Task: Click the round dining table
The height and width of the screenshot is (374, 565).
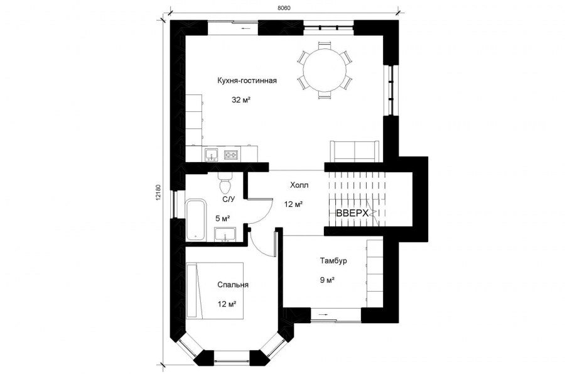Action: point(323,70)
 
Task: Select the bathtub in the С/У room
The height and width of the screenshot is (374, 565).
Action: point(196,219)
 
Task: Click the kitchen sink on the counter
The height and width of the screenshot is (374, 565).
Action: point(211,155)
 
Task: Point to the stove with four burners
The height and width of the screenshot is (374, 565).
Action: point(231,155)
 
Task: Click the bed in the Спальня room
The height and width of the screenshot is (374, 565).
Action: point(215,290)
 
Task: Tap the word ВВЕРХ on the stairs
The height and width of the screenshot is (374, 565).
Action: point(352,213)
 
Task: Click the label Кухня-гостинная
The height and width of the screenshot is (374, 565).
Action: point(247,80)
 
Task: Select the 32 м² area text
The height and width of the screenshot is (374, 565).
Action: point(241,100)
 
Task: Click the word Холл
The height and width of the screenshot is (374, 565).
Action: point(299,185)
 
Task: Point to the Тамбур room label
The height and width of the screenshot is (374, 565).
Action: point(333,260)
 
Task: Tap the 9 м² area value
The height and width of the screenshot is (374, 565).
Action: point(328,280)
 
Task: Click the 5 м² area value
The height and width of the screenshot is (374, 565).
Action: point(223,218)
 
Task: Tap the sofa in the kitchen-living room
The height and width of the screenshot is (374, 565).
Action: point(355,151)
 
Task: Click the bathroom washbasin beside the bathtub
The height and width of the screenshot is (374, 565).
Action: point(225,234)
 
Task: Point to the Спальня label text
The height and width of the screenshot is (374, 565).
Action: point(233,285)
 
